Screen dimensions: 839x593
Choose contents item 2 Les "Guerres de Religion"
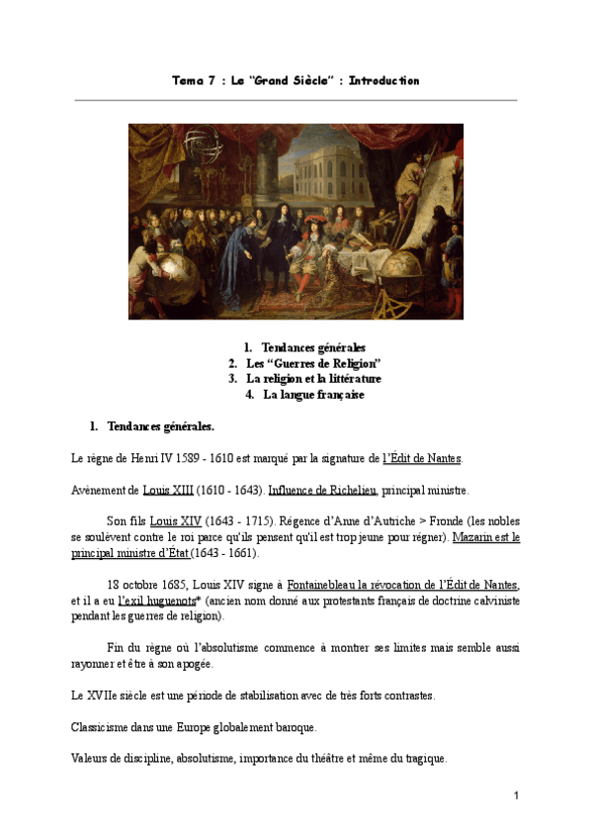[x=313, y=363]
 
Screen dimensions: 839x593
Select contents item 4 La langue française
[x=313, y=394]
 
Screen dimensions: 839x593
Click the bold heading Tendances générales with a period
[x=160, y=427]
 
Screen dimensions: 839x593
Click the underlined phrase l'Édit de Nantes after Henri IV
[x=422, y=458]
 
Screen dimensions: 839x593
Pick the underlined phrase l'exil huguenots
[x=156, y=601]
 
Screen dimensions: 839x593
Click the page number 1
[x=516, y=795]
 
